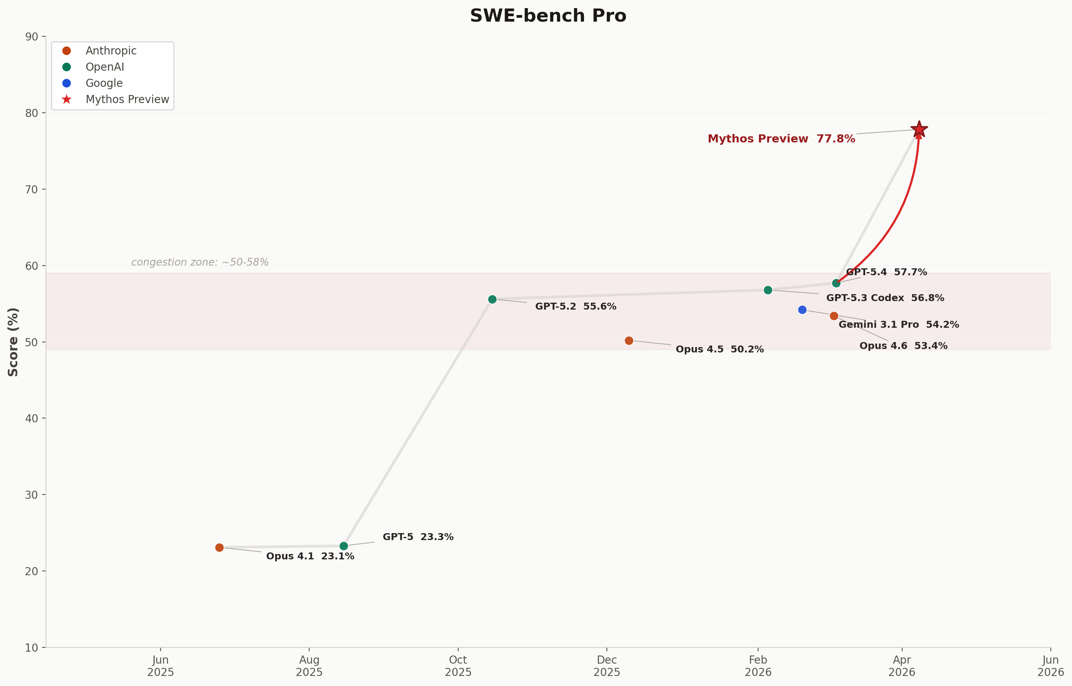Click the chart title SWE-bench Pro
548,16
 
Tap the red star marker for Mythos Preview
919,130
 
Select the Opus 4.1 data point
219,547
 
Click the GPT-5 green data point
344,546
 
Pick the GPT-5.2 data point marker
492,299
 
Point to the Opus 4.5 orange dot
629,341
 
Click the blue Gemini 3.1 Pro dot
802,310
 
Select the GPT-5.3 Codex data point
768,290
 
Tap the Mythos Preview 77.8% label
781,139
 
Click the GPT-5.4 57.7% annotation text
886,272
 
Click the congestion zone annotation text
200,263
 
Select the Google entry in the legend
104,83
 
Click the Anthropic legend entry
110,51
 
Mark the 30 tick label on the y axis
32,495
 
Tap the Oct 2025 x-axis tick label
458,666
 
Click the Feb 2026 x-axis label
758,666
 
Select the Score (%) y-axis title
14,342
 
